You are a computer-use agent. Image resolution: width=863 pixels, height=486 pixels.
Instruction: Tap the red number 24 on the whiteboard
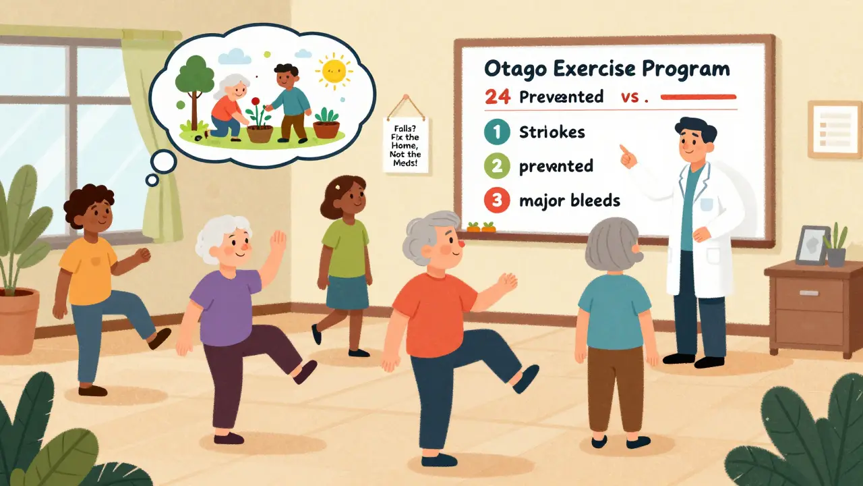tap(498, 97)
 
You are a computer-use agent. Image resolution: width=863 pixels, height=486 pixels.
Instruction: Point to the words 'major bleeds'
tap(570, 200)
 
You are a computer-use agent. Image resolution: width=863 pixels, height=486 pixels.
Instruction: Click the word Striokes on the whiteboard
tap(552, 133)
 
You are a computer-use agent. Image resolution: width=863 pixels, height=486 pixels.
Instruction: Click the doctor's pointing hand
tap(626, 155)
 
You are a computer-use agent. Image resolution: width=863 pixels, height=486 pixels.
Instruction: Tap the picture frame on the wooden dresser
tap(812, 245)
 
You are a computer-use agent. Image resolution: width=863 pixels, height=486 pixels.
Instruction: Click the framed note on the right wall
tap(834, 128)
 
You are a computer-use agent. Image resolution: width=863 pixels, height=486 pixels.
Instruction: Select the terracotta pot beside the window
tap(17, 318)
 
